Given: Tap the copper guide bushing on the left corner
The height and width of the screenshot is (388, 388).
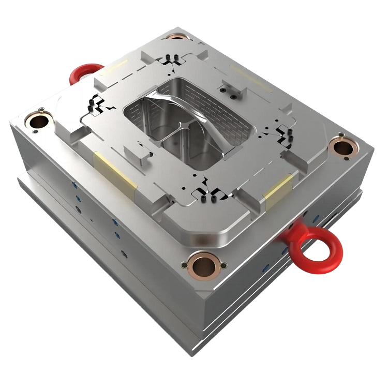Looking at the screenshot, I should [x=39, y=122].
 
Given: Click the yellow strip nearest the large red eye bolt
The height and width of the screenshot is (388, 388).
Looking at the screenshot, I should [x=278, y=191].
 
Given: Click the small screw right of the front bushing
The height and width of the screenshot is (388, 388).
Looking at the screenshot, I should [x=223, y=266].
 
